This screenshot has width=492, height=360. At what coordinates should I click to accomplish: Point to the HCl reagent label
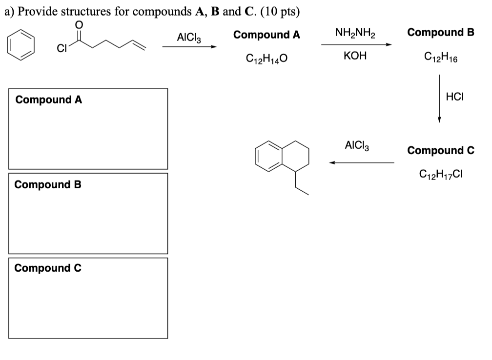(x=454, y=97)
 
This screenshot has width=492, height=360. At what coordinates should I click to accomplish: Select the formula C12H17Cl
(x=441, y=173)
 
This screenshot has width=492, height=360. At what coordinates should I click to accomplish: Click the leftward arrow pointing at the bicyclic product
(x=361, y=162)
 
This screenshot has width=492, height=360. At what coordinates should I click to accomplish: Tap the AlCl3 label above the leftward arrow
(x=357, y=145)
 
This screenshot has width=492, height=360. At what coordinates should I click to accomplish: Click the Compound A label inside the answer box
(x=49, y=100)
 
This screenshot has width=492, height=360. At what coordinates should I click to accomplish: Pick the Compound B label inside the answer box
(x=48, y=185)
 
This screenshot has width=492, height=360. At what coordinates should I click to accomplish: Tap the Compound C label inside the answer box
(x=48, y=268)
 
